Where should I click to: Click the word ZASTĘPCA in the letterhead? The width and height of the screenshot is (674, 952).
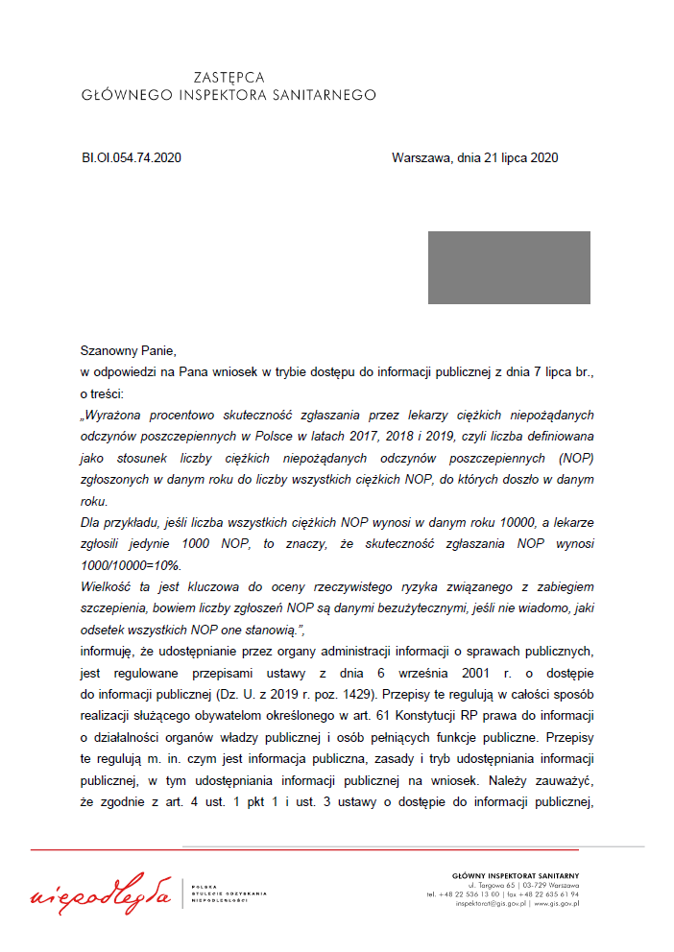229,77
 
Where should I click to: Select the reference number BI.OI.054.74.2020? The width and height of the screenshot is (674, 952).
132,158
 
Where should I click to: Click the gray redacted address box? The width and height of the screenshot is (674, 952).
509,268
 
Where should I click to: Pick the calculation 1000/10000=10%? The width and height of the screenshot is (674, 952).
132,565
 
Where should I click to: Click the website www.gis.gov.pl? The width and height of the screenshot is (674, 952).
557,903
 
